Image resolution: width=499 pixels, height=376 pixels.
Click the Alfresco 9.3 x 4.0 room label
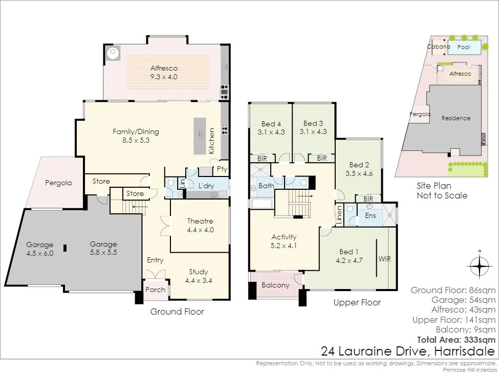point(164,73)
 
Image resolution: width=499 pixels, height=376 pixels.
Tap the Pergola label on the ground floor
point(58,183)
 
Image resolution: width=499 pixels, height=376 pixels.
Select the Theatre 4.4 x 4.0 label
point(200,226)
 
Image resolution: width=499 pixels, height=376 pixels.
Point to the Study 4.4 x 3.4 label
point(199,276)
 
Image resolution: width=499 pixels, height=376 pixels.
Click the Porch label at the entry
point(155,290)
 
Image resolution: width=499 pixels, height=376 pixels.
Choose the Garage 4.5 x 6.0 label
point(40,249)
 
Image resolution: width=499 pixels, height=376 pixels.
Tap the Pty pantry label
point(222,169)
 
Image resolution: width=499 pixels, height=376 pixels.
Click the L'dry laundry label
point(206,186)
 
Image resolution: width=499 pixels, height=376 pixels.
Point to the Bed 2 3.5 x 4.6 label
point(359,169)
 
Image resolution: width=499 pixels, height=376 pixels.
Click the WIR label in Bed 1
point(384,259)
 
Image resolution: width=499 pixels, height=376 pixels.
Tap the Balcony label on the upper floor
point(275,285)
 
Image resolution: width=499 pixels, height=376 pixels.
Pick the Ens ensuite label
point(371,216)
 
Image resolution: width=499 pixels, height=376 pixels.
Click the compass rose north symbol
point(479,266)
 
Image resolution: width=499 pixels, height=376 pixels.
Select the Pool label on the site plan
point(464,47)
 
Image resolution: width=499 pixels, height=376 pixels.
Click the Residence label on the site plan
point(456,118)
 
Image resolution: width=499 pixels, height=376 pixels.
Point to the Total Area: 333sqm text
point(457,340)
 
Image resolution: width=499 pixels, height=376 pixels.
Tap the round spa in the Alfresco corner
point(113,53)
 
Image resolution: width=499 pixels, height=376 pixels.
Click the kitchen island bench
point(200,137)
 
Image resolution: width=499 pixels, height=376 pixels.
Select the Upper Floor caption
point(357,302)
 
